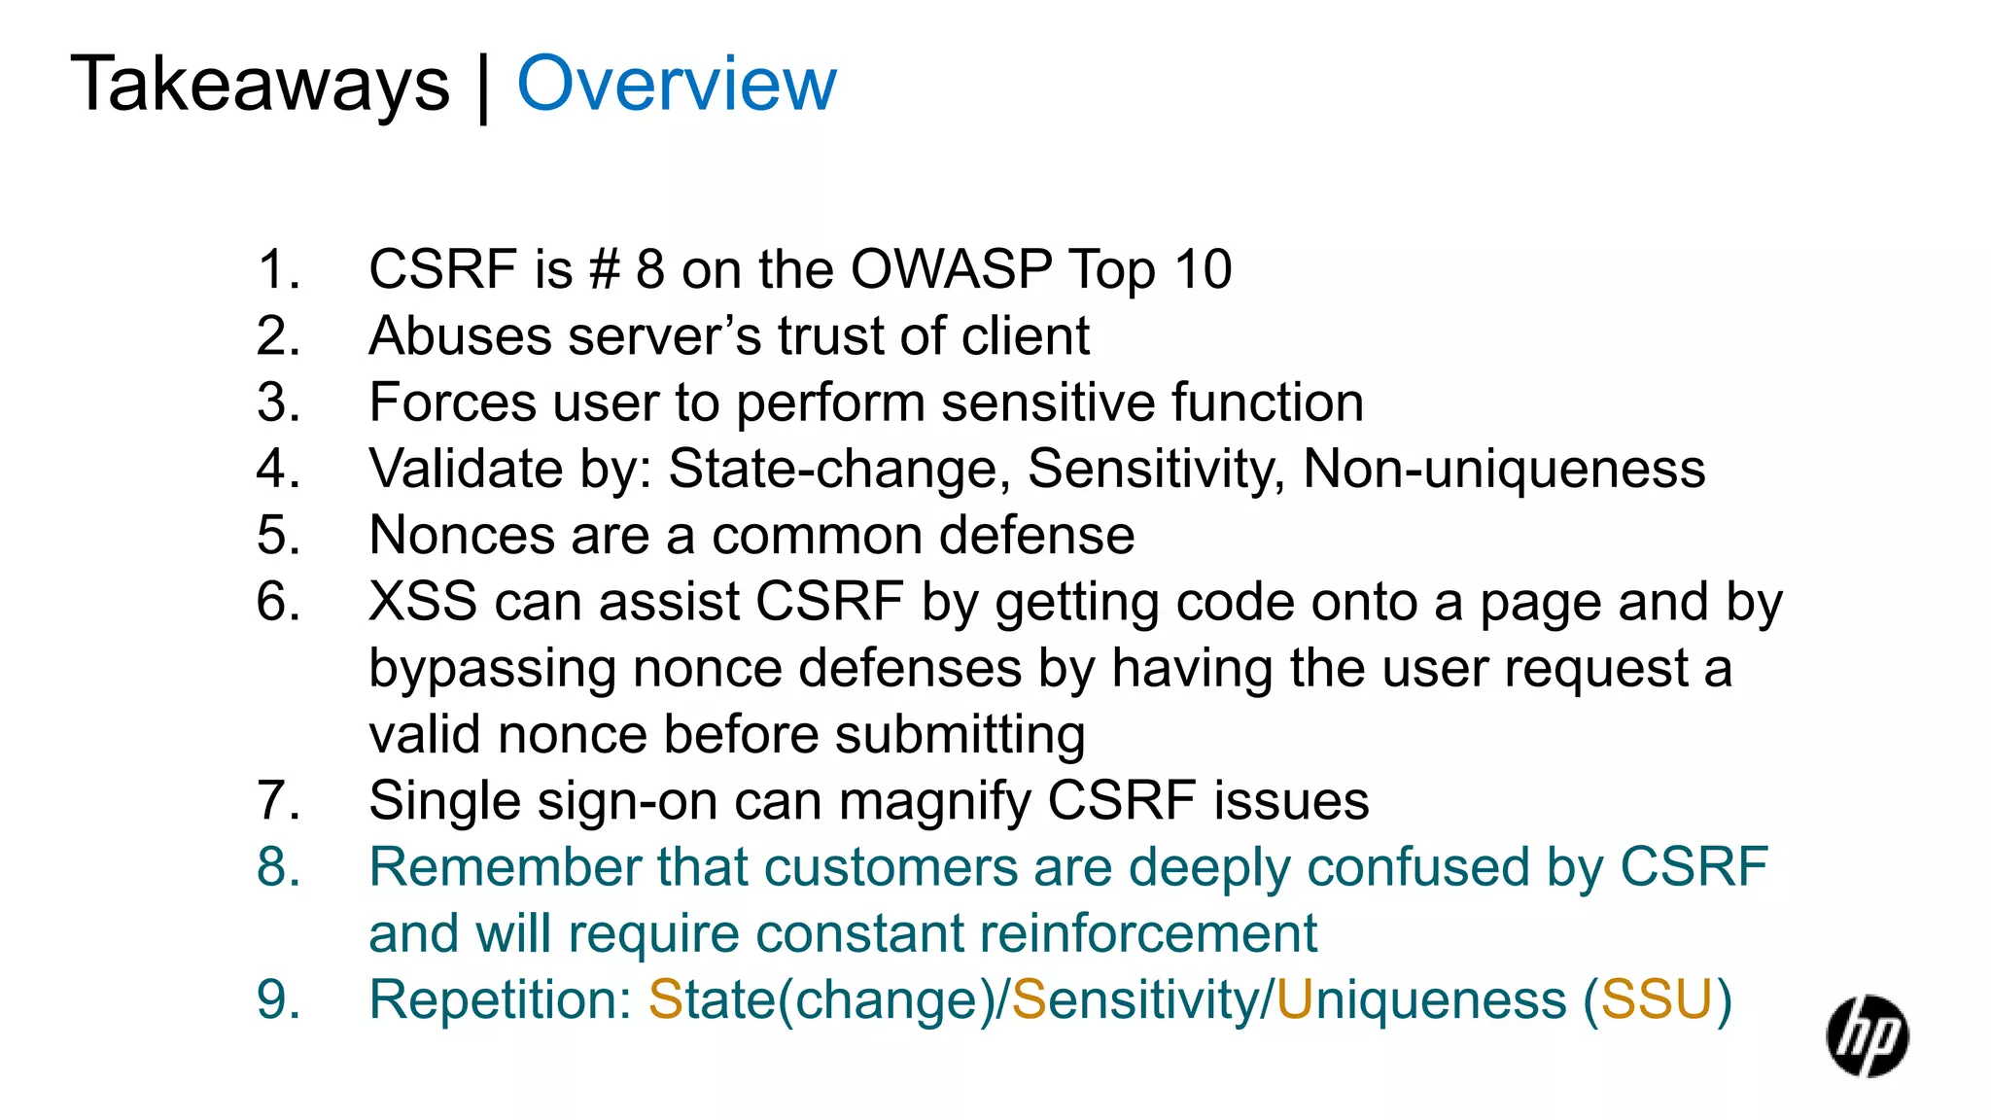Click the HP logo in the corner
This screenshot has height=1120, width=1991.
tap(1867, 1036)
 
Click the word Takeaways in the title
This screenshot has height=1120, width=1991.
tap(261, 85)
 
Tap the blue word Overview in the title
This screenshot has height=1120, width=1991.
tap(677, 85)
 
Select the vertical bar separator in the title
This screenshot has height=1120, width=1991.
tap(483, 87)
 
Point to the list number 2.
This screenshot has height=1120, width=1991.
tap(278, 336)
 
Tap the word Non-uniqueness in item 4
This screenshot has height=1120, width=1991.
tap(1504, 469)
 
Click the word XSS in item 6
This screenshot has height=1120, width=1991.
tap(423, 602)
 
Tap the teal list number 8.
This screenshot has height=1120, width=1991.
tap(278, 867)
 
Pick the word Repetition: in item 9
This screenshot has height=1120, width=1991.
tap(501, 1000)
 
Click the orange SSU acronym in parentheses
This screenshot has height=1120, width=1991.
tap(1657, 1000)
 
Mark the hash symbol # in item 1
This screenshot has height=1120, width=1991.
tap(604, 269)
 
